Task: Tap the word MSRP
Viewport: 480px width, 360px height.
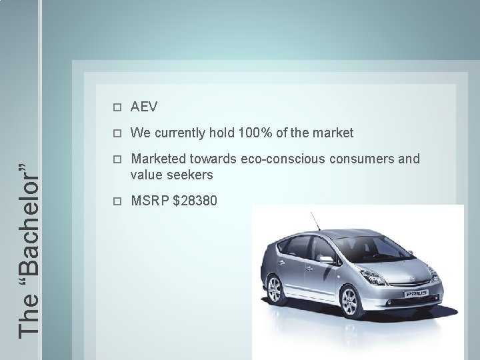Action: [149, 200]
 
